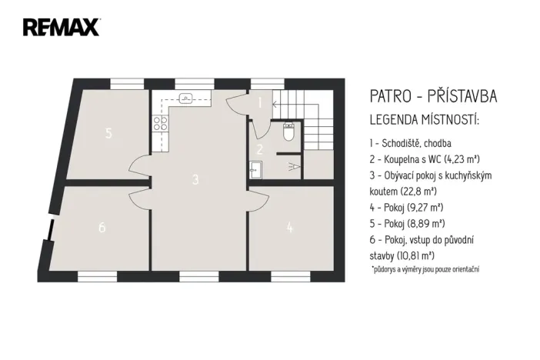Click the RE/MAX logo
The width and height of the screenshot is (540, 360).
pos(61,28)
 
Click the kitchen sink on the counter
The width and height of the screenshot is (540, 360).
pos(185,98)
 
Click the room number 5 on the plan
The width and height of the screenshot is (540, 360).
pos(109,133)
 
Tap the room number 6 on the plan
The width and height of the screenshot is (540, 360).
pos(102,228)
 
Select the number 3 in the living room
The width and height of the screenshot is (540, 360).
pos(196,179)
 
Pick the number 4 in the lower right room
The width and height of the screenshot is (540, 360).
pos(289,227)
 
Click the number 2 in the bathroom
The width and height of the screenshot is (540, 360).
pos(260,149)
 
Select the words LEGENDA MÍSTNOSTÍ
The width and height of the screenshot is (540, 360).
pos(425,121)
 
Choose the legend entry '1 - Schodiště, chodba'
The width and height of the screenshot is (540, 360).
pos(410,144)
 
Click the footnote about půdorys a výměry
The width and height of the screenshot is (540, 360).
pos(426,270)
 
